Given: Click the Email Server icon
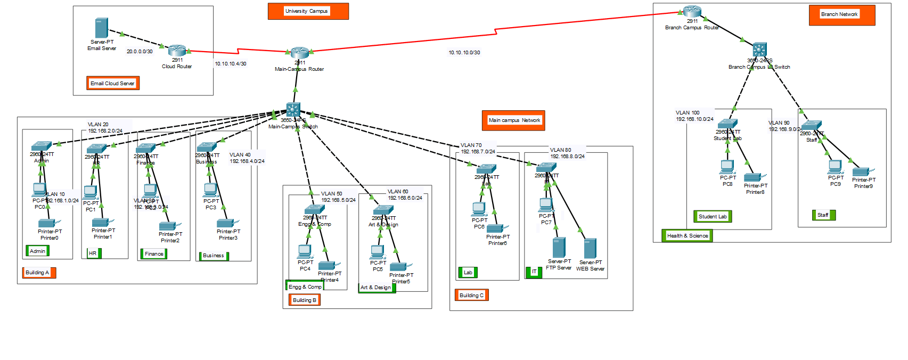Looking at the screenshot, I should tap(101, 28).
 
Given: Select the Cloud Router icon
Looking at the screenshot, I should tap(177, 51).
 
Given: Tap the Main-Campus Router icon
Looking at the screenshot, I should tap(300, 52).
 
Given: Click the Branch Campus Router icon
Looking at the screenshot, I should tap(692, 11).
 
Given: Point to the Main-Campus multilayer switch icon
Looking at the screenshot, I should tap(293, 110).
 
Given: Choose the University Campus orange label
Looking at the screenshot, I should tap(308, 11).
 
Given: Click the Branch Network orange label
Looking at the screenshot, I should tap(841, 15).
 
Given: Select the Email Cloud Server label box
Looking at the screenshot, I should tap(113, 83).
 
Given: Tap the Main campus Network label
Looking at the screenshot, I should tap(513, 120).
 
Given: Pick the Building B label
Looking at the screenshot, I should tap(305, 300).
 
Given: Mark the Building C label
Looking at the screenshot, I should tap(471, 295).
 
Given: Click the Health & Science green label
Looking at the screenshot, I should tap(687, 235).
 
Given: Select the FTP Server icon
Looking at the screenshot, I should tap(559, 248).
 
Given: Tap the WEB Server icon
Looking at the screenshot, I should tap(590, 249).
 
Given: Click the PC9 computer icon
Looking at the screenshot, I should tap(835, 167).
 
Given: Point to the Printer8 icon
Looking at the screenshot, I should tap(753, 177).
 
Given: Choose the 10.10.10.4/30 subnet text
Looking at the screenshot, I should tap(231, 64).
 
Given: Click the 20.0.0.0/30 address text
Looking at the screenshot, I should tap(140, 52).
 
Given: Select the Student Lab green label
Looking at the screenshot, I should tap(713, 216).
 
